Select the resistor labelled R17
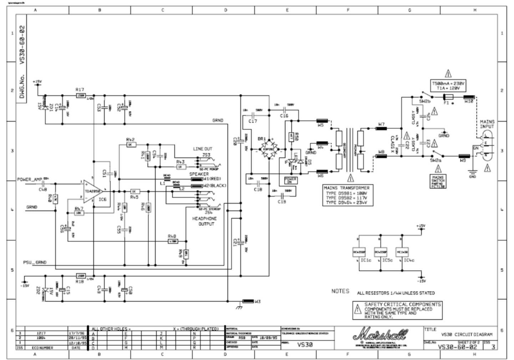pyautogui.click(x=81, y=96)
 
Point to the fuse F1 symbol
pyautogui.click(x=448, y=97)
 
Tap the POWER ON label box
pyautogui.click(x=290, y=180)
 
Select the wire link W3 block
pyautogui.click(x=248, y=302)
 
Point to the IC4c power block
pyautogui.click(x=402, y=252)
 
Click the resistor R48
pyautogui.click(x=173, y=241)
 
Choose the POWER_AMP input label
pyautogui.click(x=30, y=179)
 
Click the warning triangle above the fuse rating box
pyautogui.click(x=448, y=74)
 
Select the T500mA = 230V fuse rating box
pyautogui.click(x=448, y=86)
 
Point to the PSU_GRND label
pyautogui.click(x=35, y=263)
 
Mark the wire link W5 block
pyautogui.click(x=322, y=120)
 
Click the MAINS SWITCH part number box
pyautogui.click(x=438, y=181)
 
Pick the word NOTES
pyautogui.click(x=340, y=291)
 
